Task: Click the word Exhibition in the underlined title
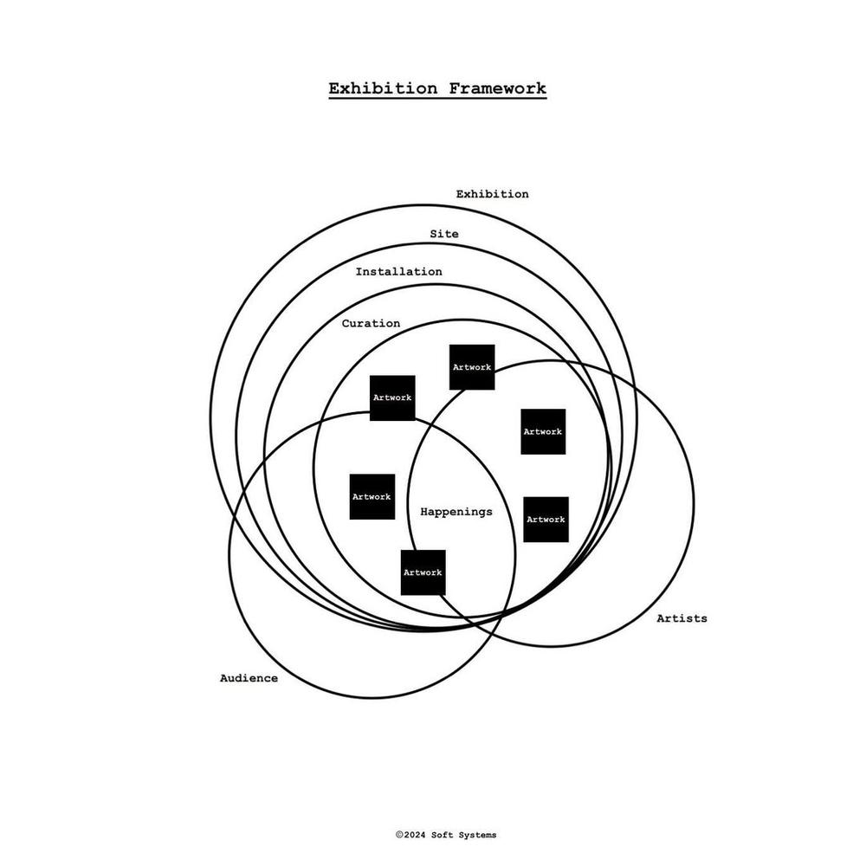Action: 383,88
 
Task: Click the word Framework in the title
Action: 498,88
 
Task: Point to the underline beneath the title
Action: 437,99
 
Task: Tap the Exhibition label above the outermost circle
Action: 492,194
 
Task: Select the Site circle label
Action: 444,234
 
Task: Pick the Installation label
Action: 398,271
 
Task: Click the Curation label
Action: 371,323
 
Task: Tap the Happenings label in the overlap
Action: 456,512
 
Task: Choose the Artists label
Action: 682,618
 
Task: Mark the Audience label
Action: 249,678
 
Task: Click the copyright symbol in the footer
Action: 399,835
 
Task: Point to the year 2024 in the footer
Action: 415,835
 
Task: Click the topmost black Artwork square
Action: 472,367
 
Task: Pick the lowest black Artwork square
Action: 423,572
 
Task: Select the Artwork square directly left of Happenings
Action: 372,496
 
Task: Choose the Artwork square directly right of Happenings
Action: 546,519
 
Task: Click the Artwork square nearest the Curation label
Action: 392,397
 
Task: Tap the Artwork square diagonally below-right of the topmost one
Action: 543,431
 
